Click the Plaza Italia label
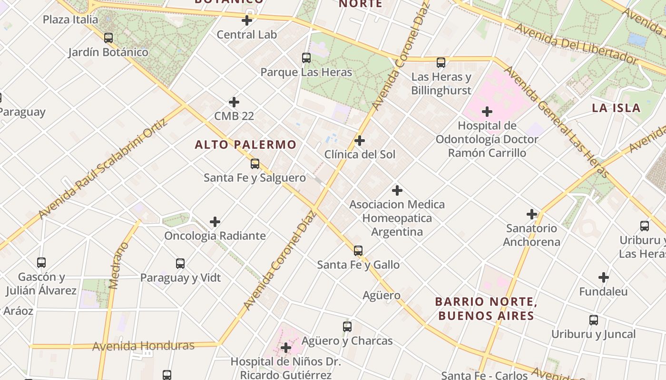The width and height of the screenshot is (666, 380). pos(70,19)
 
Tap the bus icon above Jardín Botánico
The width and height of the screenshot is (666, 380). pos(108,38)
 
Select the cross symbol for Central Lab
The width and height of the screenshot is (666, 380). pos(247,20)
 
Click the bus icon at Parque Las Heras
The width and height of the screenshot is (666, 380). pos(306,58)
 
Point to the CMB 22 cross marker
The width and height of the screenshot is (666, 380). pos(234,102)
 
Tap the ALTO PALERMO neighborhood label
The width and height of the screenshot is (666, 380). pos(245,145)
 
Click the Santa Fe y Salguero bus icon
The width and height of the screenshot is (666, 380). pos(255,164)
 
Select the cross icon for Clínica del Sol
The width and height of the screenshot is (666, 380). pos(360,141)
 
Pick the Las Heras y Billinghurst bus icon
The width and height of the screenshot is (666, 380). pos(441,62)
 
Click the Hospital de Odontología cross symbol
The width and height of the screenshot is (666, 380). pos(487,112)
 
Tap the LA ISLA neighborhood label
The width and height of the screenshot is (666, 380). pos(616,108)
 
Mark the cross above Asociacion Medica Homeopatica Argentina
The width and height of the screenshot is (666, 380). pos(397,190)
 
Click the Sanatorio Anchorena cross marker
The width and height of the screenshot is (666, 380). pos(532,214)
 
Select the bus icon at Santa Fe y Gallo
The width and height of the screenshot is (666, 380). pos(358,250)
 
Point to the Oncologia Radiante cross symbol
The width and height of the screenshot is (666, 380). pos(215,222)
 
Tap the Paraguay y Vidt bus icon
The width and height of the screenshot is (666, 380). pos(180,264)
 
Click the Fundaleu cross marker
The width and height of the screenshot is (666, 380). pos(604,277)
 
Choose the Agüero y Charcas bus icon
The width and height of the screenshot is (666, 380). pos(347,327)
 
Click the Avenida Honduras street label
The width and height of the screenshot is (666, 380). pos(143,346)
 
